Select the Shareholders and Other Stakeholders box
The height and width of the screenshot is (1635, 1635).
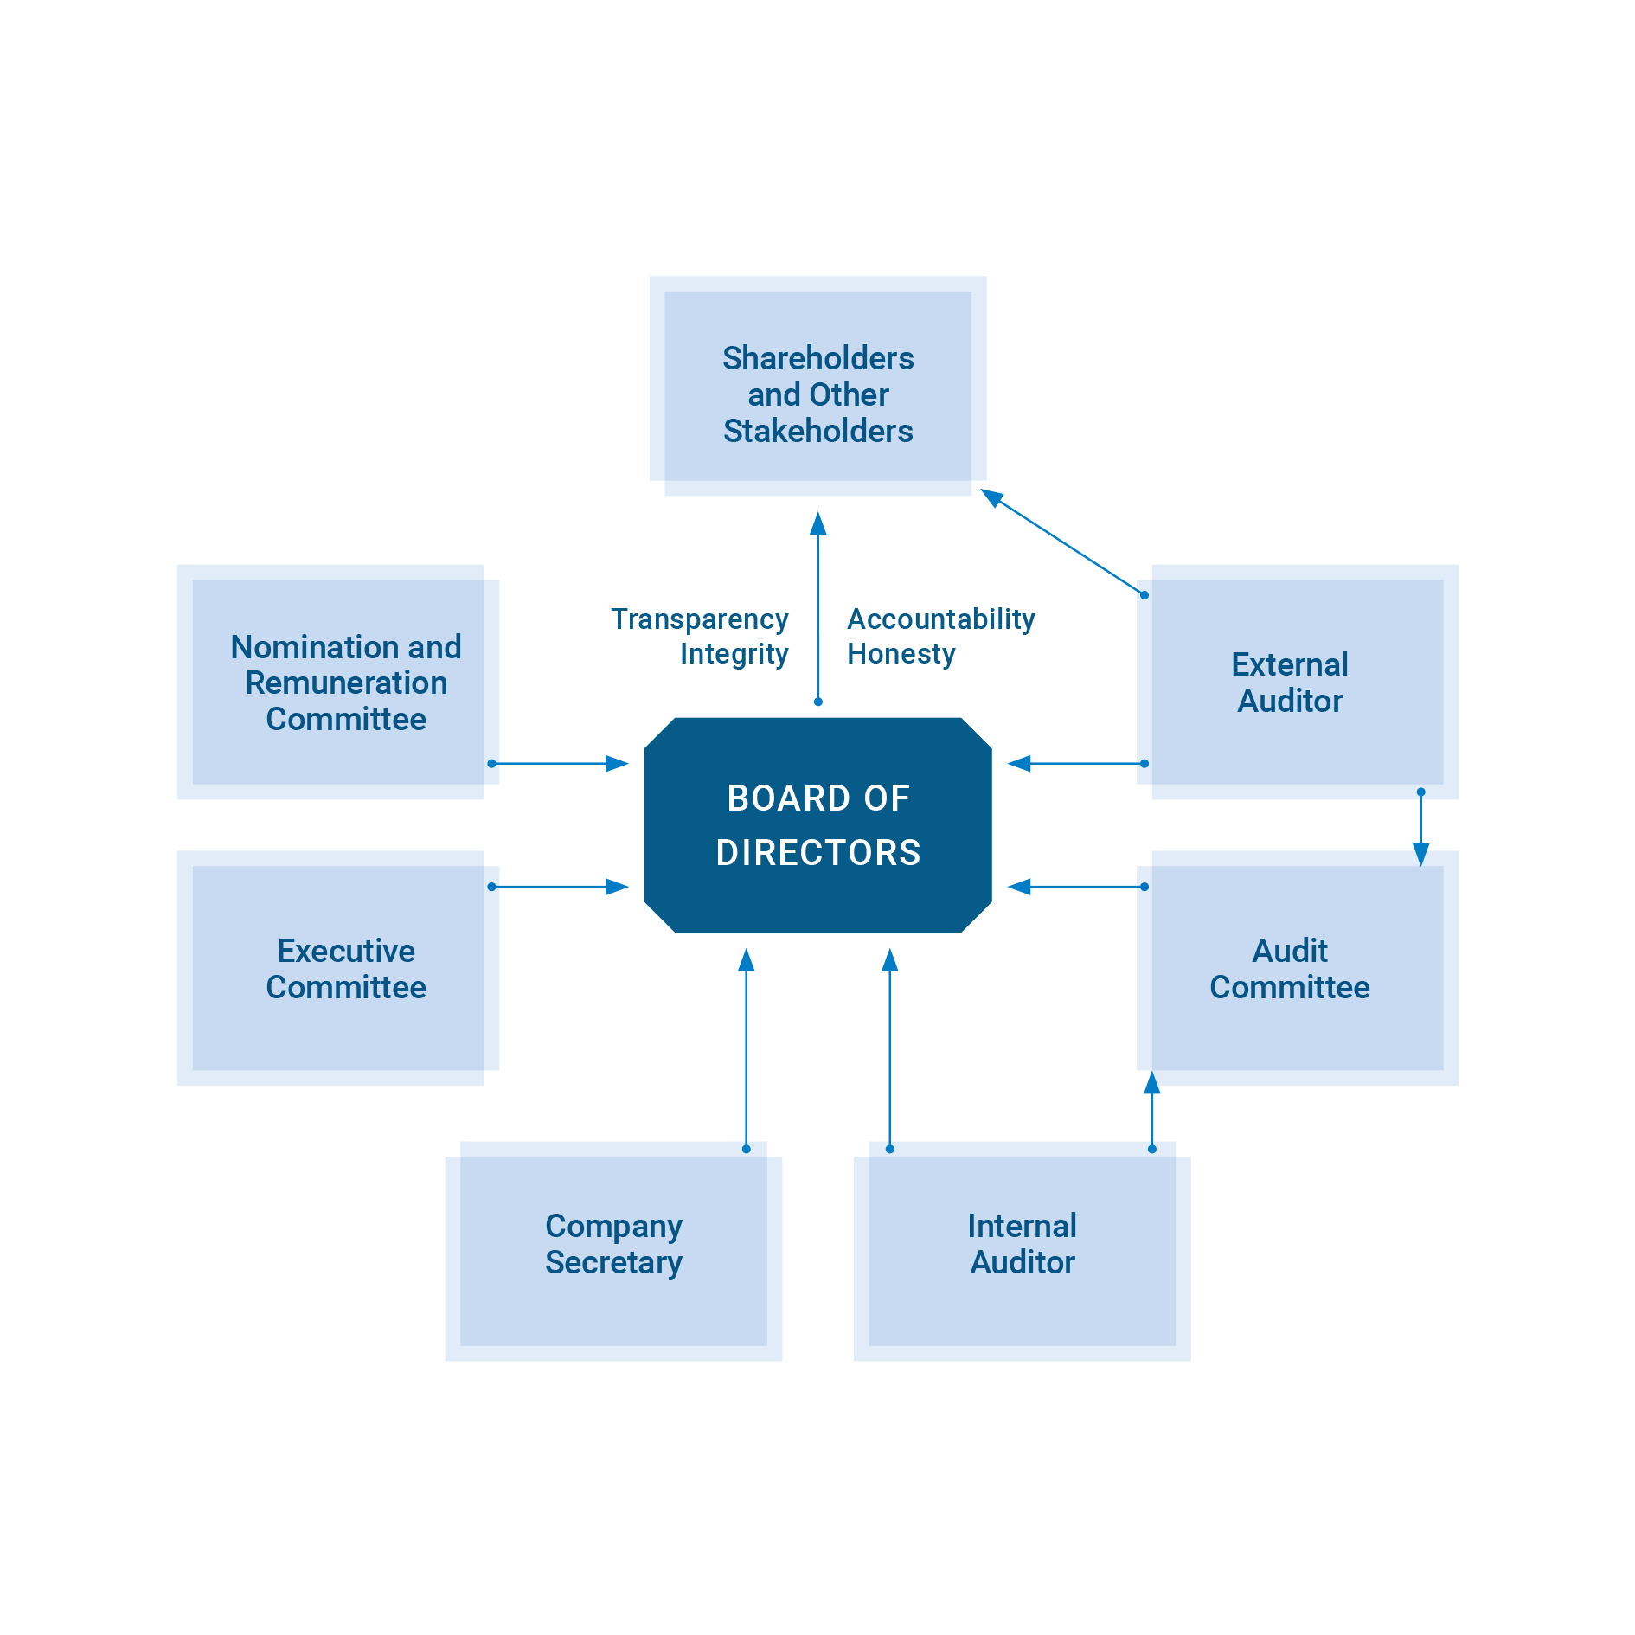[817, 386]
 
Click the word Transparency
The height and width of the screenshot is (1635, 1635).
[699, 619]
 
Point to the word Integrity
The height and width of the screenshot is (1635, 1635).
[734, 654]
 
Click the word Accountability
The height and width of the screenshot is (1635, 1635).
[940, 619]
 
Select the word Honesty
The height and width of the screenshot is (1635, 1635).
[901, 654]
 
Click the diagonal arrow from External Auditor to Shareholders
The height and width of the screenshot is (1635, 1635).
[1064, 543]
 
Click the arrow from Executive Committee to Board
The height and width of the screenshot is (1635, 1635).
[559, 887]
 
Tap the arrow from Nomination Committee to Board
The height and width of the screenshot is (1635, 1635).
[559, 764]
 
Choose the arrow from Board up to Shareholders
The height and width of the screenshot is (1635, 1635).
[818, 606]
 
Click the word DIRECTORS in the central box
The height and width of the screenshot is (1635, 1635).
[817, 853]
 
